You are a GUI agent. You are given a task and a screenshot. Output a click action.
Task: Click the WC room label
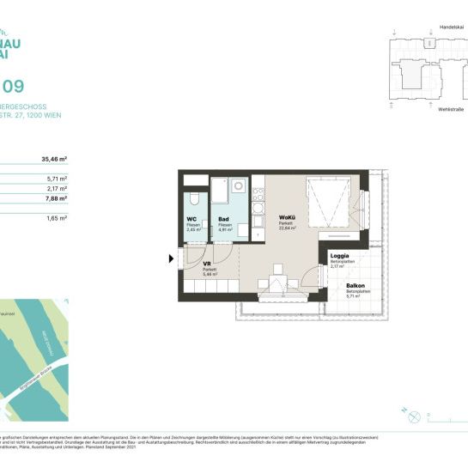(x=191, y=219)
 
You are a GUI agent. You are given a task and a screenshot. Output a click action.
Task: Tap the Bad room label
(x=223, y=219)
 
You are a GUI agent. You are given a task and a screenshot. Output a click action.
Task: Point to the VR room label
(x=206, y=264)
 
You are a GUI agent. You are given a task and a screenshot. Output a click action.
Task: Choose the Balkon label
(x=356, y=285)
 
